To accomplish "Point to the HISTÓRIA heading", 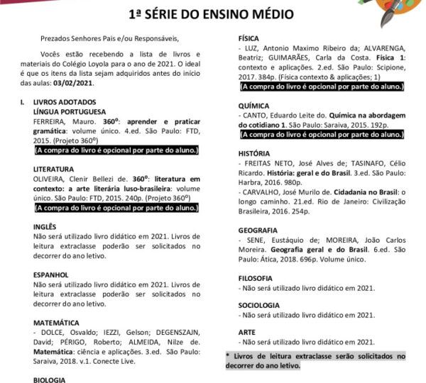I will (x=254, y=153).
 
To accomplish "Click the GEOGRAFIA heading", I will (x=257, y=231).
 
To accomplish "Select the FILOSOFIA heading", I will (x=255, y=278).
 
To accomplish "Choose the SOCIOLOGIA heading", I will (x=258, y=305).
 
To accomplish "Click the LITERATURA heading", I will (x=53, y=170).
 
